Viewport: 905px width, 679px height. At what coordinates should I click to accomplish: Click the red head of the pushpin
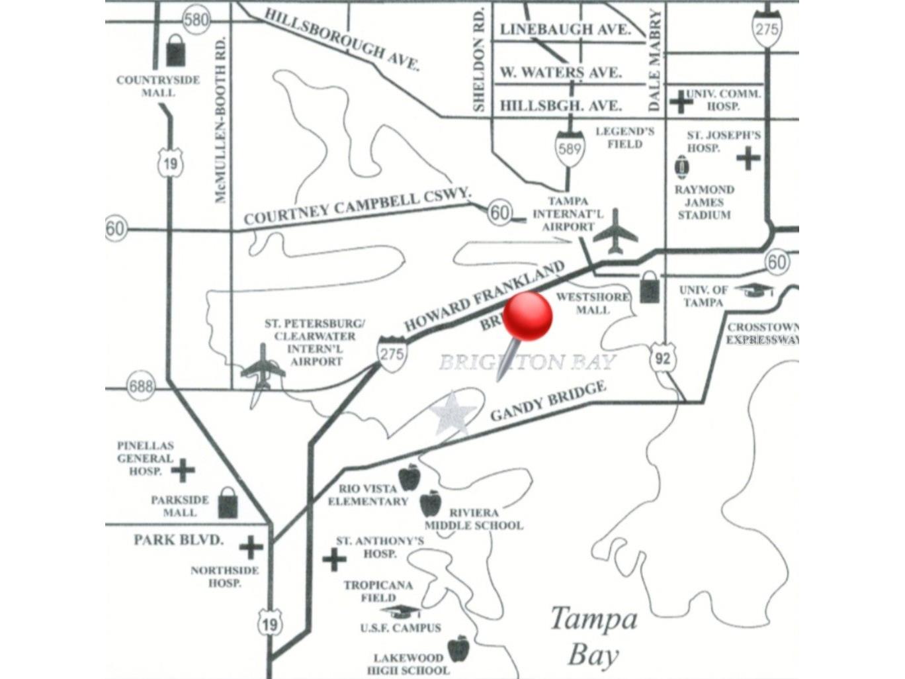(x=528, y=316)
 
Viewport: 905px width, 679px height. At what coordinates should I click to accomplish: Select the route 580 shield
(x=196, y=19)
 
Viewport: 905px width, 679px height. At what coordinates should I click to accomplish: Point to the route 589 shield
(x=569, y=148)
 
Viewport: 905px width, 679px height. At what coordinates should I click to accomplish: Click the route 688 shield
(x=141, y=385)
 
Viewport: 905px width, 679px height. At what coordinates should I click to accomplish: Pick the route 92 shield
(x=662, y=358)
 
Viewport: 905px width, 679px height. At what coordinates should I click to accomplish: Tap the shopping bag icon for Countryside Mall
(x=176, y=50)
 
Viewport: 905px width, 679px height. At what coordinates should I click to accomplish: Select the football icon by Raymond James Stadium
(x=681, y=166)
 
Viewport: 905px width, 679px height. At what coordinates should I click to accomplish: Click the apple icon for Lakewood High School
(x=458, y=649)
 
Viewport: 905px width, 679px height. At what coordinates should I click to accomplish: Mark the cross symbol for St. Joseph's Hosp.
(x=748, y=158)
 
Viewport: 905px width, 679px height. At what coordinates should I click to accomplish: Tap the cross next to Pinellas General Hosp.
(x=183, y=471)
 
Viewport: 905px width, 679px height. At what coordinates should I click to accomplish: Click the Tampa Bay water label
(x=594, y=636)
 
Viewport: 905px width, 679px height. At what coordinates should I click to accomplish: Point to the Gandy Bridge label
(x=548, y=401)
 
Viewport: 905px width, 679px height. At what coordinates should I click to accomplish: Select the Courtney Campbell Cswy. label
(x=357, y=206)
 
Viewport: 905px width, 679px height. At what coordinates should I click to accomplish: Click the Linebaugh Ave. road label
(x=564, y=30)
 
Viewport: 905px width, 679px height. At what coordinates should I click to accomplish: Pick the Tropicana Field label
(x=378, y=591)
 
